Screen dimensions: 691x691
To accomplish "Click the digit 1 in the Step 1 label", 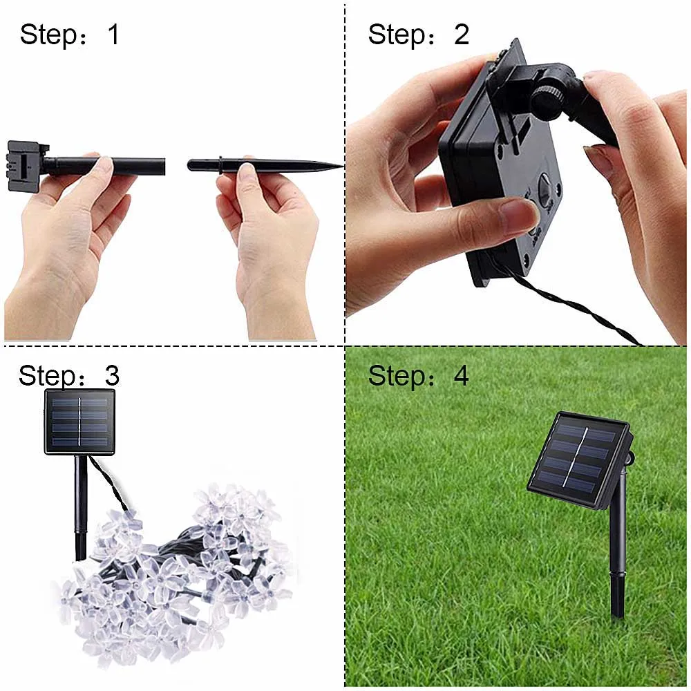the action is (114, 35).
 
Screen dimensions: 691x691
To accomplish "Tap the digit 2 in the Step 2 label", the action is (462, 35).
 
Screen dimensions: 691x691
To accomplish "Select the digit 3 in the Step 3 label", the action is (112, 375).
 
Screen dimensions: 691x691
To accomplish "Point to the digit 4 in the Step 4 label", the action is (461, 375).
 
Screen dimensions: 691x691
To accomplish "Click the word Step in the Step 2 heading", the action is (397, 35).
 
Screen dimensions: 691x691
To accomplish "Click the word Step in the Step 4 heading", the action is (397, 377).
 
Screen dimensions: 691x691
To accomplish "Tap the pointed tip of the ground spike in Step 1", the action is (343, 166).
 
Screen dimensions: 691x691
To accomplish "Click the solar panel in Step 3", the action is (79, 422).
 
